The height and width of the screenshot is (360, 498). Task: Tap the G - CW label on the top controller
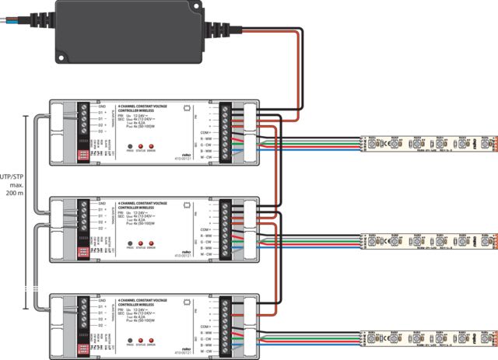206,145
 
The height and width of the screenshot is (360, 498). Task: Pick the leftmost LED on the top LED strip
367,144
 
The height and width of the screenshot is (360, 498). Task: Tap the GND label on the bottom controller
100,299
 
